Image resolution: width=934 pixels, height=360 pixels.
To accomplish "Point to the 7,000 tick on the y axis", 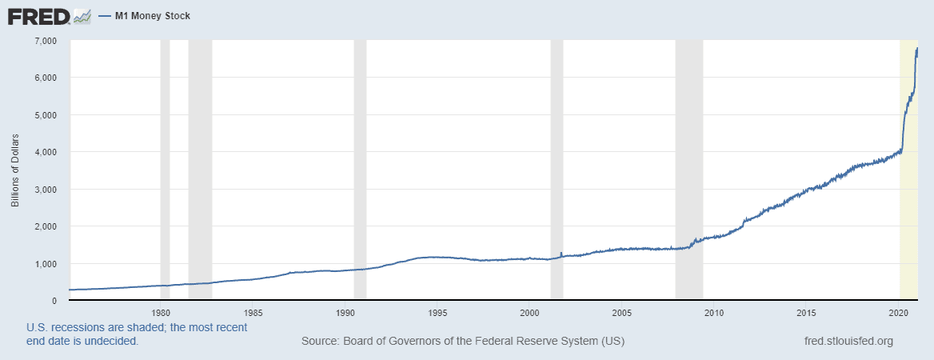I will click(x=45, y=40).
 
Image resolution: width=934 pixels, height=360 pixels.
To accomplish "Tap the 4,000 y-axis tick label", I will click(x=45, y=152).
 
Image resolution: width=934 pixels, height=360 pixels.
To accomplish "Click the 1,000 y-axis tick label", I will click(x=45, y=264).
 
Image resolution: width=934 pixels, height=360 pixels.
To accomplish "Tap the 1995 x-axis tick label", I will click(x=437, y=313).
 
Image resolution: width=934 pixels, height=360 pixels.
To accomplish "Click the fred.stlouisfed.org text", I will click(x=848, y=342).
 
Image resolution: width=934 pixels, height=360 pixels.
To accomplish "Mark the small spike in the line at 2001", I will click(x=561, y=254).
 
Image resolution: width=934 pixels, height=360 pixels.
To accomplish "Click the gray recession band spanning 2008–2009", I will click(x=689, y=160).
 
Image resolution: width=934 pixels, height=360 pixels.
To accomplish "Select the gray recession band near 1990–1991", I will click(x=360, y=160).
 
